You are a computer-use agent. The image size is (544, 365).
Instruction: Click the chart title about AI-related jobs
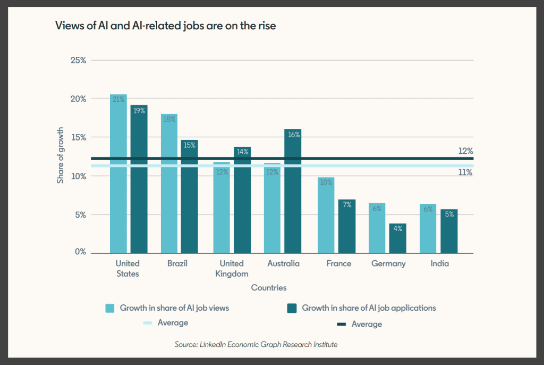[166, 26]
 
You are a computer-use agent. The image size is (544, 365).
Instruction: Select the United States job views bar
[118, 174]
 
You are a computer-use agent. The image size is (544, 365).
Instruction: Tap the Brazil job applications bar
[190, 197]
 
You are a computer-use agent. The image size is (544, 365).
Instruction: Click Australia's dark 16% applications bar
[293, 191]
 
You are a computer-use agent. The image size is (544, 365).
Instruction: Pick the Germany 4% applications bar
[397, 238]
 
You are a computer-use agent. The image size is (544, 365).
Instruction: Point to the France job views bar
[326, 215]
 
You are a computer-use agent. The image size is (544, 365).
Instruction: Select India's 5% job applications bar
[449, 231]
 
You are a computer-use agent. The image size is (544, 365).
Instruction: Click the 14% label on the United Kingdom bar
[242, 152]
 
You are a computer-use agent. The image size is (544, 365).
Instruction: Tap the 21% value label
[118, 99]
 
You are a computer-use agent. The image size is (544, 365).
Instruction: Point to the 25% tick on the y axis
[79, 60]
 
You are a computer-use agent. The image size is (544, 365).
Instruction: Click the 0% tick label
[81, 252]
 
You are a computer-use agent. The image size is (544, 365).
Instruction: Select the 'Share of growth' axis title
[61, 155]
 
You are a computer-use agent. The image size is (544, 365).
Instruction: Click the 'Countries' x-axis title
[269, 287]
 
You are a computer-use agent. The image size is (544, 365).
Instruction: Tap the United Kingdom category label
[232, 268]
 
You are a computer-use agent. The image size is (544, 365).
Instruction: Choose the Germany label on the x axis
[388, 263]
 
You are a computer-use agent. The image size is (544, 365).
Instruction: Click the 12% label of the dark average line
[465, 151]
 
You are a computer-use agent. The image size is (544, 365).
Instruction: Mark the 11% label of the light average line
[465, 172]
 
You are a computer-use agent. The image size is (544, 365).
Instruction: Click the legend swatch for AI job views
[109, 309]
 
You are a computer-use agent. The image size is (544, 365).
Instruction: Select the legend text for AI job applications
[369, 308]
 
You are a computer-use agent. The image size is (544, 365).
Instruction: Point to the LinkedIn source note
[256, 344]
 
